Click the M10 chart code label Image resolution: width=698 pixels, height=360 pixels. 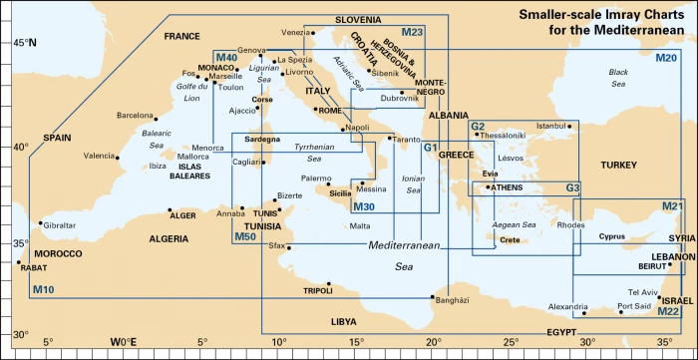(x=44, y=290)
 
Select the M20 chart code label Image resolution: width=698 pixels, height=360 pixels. (x=666, y=59)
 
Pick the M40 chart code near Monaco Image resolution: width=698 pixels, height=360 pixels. (x=226, y=59)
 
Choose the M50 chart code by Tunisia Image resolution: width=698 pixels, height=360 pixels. (x=244, y=236)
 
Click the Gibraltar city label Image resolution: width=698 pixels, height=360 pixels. (x=60, y=225)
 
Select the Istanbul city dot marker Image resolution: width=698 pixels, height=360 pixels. (x=569, y=127)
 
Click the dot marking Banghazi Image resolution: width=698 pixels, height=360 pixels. (x=432, y=297)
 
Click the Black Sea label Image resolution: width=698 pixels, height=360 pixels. (x=618, y=78)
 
